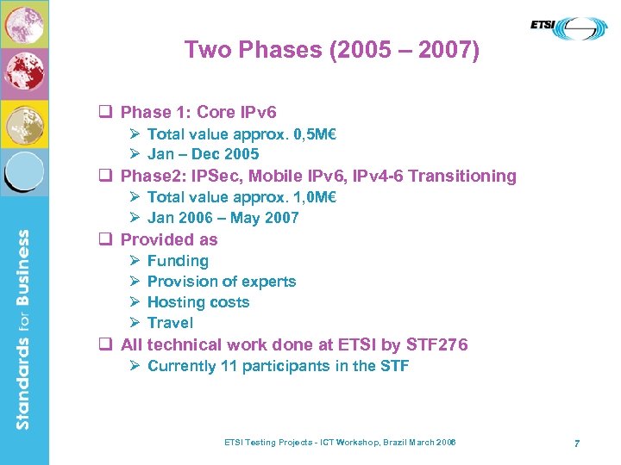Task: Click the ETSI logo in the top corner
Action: coord(568,28)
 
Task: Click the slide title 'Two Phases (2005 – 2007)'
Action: coord(332,50)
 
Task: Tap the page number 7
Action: coord(576,443)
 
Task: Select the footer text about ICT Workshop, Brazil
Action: coord(340,442)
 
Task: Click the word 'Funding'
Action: coord(178,261)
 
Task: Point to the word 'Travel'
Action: coord(170,323)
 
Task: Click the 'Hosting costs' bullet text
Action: coord(198,302)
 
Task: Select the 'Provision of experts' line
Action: coord(222,282)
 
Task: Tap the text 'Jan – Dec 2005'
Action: coord(203,154)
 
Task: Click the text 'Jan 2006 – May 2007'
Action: coord(223,218)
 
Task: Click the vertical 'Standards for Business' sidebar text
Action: coord(23,327)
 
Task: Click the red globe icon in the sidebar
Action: coord(23,73)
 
